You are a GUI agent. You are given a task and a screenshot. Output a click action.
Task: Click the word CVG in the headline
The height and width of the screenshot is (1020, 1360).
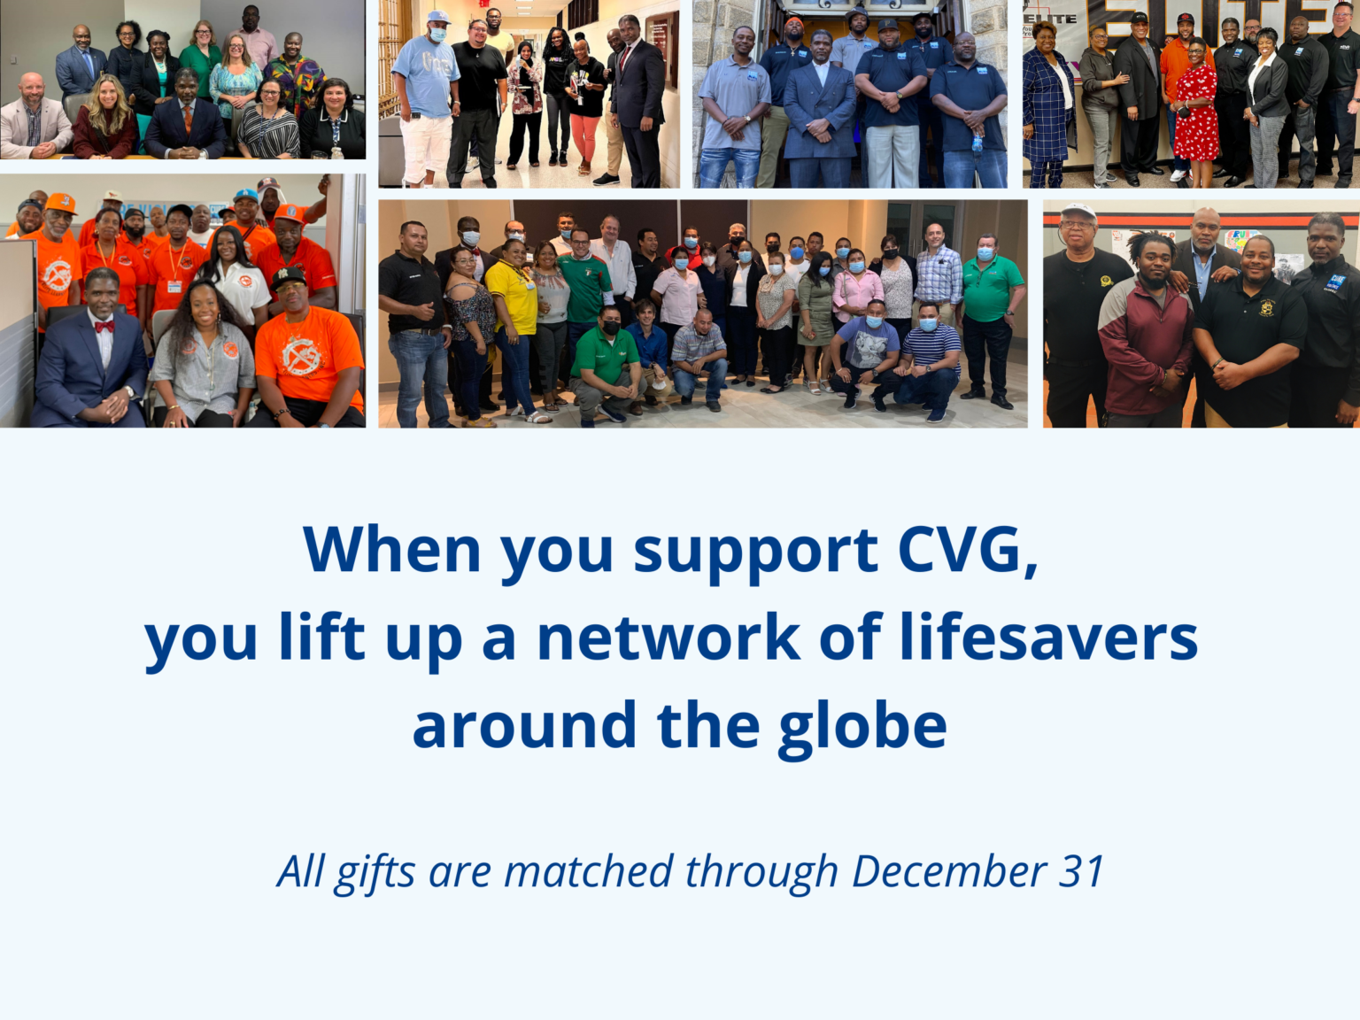click(967, 551)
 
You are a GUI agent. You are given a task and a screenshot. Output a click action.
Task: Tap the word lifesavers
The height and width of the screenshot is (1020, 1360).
click(1048, 637)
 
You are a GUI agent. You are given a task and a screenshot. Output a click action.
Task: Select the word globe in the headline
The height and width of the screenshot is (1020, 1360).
click(862, 726)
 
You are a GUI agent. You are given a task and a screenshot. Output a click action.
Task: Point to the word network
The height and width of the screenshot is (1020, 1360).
click(668, 637)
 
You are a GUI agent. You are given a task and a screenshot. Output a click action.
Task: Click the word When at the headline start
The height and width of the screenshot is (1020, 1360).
click(391, 551)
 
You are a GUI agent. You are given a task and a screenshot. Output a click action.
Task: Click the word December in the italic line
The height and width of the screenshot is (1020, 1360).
click(948, 871)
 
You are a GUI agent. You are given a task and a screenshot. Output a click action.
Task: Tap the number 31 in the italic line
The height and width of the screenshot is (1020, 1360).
click(1081, 871)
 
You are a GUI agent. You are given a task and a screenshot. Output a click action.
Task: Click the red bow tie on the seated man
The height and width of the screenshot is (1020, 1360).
click(104, 327)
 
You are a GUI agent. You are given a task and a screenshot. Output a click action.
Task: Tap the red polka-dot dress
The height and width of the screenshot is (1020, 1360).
click(1196, 115)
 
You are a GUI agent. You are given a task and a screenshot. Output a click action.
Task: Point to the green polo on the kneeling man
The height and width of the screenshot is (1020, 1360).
click(604, 354)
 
